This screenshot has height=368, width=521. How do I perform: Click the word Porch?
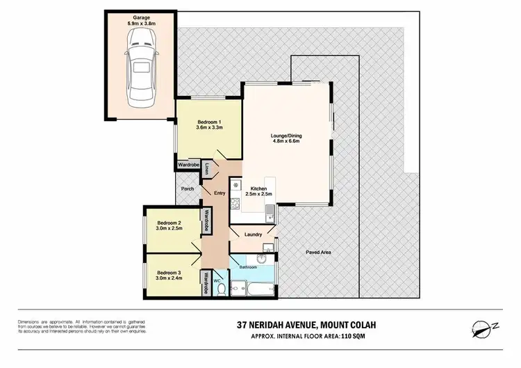[x=187, y=189]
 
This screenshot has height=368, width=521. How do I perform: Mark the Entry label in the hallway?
[x=220, y=193]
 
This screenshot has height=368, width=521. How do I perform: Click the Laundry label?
[x=252, y=234]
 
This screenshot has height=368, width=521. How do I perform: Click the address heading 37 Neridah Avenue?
[x=280, y=324]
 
